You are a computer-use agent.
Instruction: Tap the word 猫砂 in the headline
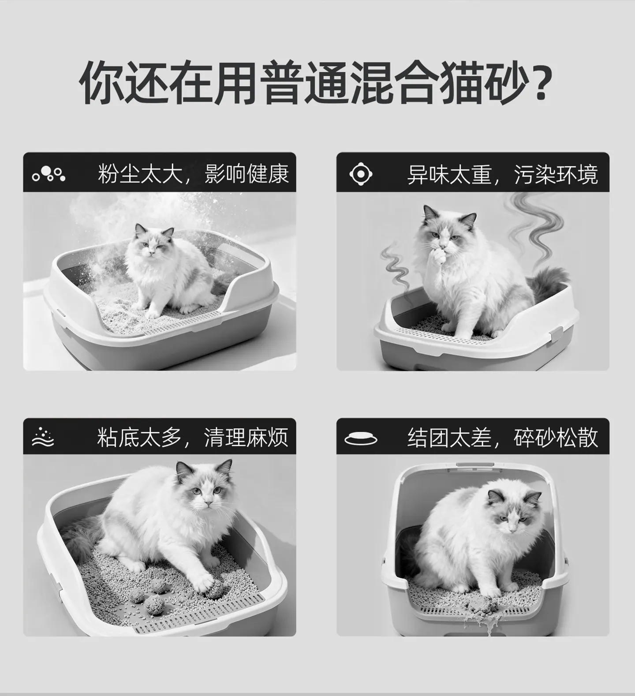pyautogui.click(x=484, y=83)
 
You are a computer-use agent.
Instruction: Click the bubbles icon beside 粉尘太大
pyautogui.click(x=49, y=174)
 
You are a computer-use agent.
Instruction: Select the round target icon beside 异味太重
pyautogui.click(x=361, y=174)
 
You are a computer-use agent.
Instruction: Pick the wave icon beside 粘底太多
pyautogui.click(x=43, y=437)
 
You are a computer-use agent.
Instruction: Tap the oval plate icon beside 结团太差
pyautogui.click(x=361, y=438)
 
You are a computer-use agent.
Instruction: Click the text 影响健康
pyautogui.click(x=247, y=174)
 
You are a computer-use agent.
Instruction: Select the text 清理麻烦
pyautogui.click(x=246, y=438)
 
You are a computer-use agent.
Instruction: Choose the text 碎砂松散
pyautogui.click(x=556, y=438)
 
